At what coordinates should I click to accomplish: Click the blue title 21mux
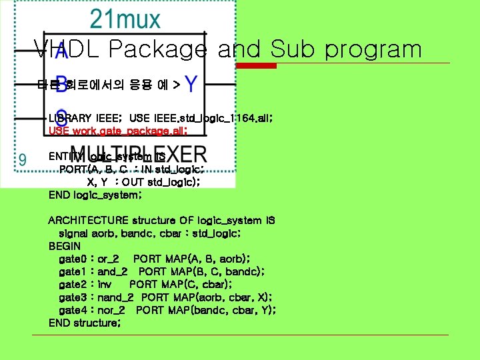point(125,19)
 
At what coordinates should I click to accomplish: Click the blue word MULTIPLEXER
point(139,155)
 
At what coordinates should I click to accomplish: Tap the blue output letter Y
point(191,85)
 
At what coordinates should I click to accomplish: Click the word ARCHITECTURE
point(88,221)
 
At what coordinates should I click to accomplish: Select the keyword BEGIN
point(65,246)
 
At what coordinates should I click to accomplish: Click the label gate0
point(73,259)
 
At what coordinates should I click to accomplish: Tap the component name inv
point(105,285)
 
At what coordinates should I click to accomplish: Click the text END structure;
point(85,323)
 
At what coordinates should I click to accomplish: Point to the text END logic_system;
point(95,195)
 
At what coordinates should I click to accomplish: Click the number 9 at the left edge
point(23,159)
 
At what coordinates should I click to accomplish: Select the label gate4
point(73,310)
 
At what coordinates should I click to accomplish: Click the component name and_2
point(113,271)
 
